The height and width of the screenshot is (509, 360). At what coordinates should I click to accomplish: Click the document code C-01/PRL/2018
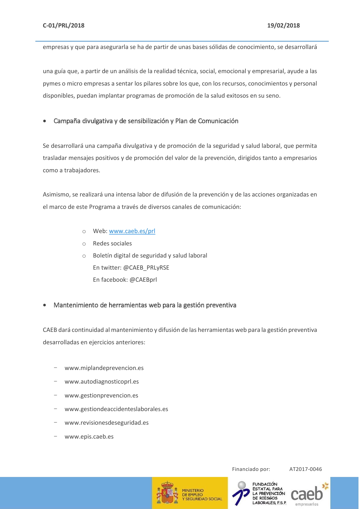[x=63, y=26]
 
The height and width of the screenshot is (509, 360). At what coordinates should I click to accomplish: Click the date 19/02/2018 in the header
[x=283, y=26]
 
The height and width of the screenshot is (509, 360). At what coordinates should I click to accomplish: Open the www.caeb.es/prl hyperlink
[x=132, y=231]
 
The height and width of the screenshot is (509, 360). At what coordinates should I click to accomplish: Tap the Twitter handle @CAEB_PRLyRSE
[x=146, y=268]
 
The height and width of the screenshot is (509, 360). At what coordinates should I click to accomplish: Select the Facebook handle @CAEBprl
[x=143, y=280]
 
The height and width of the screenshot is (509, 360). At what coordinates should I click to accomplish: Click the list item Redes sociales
[x=112, y=244]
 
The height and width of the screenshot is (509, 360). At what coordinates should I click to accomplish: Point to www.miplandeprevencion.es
[x=104, y=368]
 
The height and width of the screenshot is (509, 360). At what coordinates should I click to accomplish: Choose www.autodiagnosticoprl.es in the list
[x=102, y=382]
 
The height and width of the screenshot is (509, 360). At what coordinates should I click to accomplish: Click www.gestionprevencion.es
[x=101, y=396]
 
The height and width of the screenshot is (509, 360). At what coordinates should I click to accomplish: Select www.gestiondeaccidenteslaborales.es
[x=116, y=409]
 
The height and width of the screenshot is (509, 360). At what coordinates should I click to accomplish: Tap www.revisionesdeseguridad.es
[x=107, y=423]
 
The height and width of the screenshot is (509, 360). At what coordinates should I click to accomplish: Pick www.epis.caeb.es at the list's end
[x=89, y=437]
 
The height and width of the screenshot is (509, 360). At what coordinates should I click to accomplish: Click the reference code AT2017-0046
[x=306, y=469]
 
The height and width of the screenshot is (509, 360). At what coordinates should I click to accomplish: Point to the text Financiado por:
[x=251, y=469]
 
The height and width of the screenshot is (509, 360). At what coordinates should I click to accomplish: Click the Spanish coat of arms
[x=167, y=493]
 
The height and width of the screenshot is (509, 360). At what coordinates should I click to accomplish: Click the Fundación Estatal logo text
[x=268, y=493]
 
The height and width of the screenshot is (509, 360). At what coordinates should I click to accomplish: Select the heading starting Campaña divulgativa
[x=146, y=121]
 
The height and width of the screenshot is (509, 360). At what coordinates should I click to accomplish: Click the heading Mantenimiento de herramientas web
[x=145, y=305]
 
